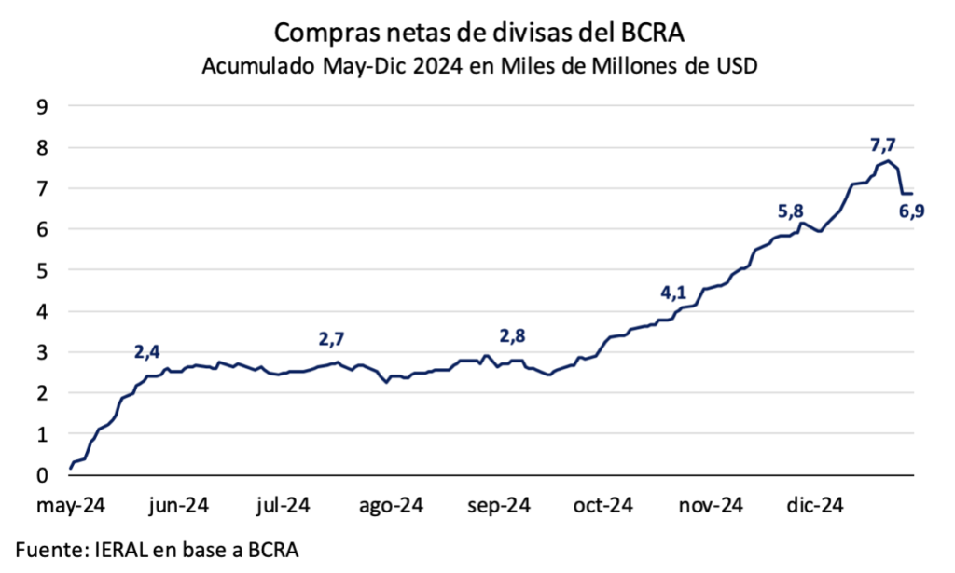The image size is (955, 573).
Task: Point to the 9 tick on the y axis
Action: (x=41, y=106)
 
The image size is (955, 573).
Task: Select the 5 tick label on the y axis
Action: (x=41, y=270)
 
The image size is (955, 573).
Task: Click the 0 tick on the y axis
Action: (x=41, y=475)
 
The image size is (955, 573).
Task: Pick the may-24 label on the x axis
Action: (x=71, y=505)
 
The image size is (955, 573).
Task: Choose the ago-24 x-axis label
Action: (x=391, y=505)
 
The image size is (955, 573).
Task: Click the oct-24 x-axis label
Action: (x=602, y=505)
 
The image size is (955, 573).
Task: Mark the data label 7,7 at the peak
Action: (x=882, y=145)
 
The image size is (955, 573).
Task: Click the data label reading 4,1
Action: (x=673, y=293)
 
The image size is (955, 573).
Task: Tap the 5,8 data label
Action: (x=791, y=211)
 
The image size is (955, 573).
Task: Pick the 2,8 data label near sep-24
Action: (x=514, y=335)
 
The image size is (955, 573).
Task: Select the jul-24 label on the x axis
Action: (x=283, y=505)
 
